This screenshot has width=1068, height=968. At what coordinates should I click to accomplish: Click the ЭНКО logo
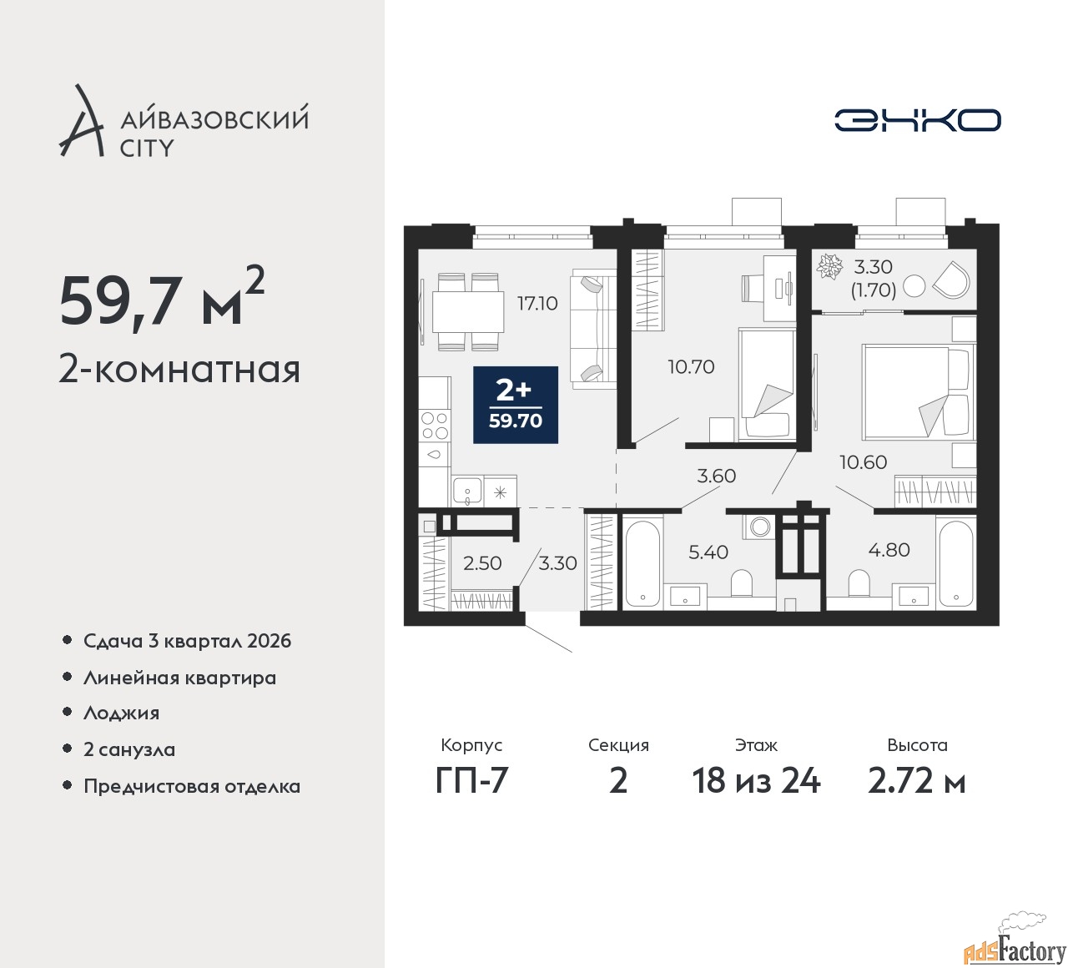(917, 120)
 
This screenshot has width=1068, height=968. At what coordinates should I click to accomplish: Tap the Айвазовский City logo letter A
(80, 121)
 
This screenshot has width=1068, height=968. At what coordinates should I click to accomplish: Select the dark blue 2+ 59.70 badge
(516, 405)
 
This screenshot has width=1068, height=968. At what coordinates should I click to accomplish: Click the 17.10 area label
(537, 304)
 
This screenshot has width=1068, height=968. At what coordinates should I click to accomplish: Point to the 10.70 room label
(691, 367)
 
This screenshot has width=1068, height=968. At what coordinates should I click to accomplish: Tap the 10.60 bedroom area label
(863, 462)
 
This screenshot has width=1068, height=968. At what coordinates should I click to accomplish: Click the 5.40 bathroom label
(708, 552)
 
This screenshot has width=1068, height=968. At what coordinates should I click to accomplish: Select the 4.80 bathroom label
(889, 549)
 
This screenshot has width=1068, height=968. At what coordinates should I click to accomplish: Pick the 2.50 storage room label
(481, 563)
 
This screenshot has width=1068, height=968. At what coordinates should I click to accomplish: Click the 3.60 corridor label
(716, 476)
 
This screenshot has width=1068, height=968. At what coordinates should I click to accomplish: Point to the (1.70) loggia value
(873, 290)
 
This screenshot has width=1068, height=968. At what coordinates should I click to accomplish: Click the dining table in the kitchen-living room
(468, 312)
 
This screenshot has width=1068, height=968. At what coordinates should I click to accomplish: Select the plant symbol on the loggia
(829, 265)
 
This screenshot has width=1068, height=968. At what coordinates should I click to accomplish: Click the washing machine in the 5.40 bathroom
(758, 527)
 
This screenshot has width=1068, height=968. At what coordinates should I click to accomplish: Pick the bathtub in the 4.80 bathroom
(955, 563)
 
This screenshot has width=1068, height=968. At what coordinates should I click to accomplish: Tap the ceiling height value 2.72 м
(916, 781)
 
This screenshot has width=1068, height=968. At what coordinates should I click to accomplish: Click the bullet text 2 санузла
(129, 749)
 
